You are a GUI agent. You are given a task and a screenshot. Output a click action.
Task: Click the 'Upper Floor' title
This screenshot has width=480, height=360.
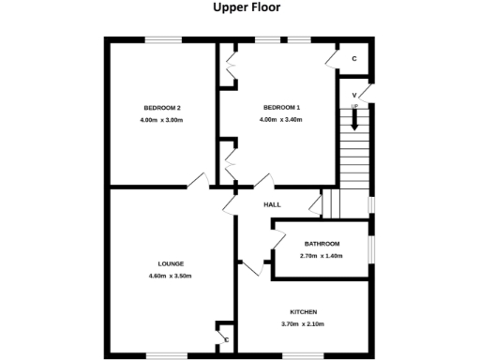[x=239, y=8]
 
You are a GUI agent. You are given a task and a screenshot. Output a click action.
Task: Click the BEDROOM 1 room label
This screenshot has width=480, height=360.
[x=281, y=107]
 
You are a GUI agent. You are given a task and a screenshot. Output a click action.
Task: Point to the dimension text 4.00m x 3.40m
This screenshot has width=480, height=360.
[x=281, y=120]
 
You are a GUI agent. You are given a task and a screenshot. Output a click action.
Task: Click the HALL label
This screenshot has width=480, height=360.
[x=272, y=204]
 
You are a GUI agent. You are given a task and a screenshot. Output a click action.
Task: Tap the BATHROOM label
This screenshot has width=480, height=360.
[x=321, y=244]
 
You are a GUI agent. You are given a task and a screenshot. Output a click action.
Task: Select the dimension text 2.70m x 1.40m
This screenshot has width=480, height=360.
[x=321, y=256]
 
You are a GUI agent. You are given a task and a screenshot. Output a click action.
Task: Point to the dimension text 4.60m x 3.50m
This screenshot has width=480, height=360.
[x=170, y=277]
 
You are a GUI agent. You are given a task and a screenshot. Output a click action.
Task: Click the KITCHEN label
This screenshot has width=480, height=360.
[x=302, y=311]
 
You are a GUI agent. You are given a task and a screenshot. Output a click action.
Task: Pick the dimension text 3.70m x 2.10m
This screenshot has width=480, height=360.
[x=302, y=324]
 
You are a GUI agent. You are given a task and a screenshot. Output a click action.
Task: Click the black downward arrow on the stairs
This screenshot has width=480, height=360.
[x=354, y=119]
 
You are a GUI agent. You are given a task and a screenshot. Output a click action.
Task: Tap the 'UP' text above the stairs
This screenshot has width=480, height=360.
[x=354, y=106]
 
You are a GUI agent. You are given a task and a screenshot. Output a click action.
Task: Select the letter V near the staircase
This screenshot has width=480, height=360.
[x=354, y=95]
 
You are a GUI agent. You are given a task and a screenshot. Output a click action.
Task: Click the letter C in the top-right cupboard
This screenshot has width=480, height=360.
[x=354, y=59]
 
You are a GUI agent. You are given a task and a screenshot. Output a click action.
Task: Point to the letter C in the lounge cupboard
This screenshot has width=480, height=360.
[x=226, y=339]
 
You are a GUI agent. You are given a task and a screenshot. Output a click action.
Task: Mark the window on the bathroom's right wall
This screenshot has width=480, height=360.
[x=373, y=248]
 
